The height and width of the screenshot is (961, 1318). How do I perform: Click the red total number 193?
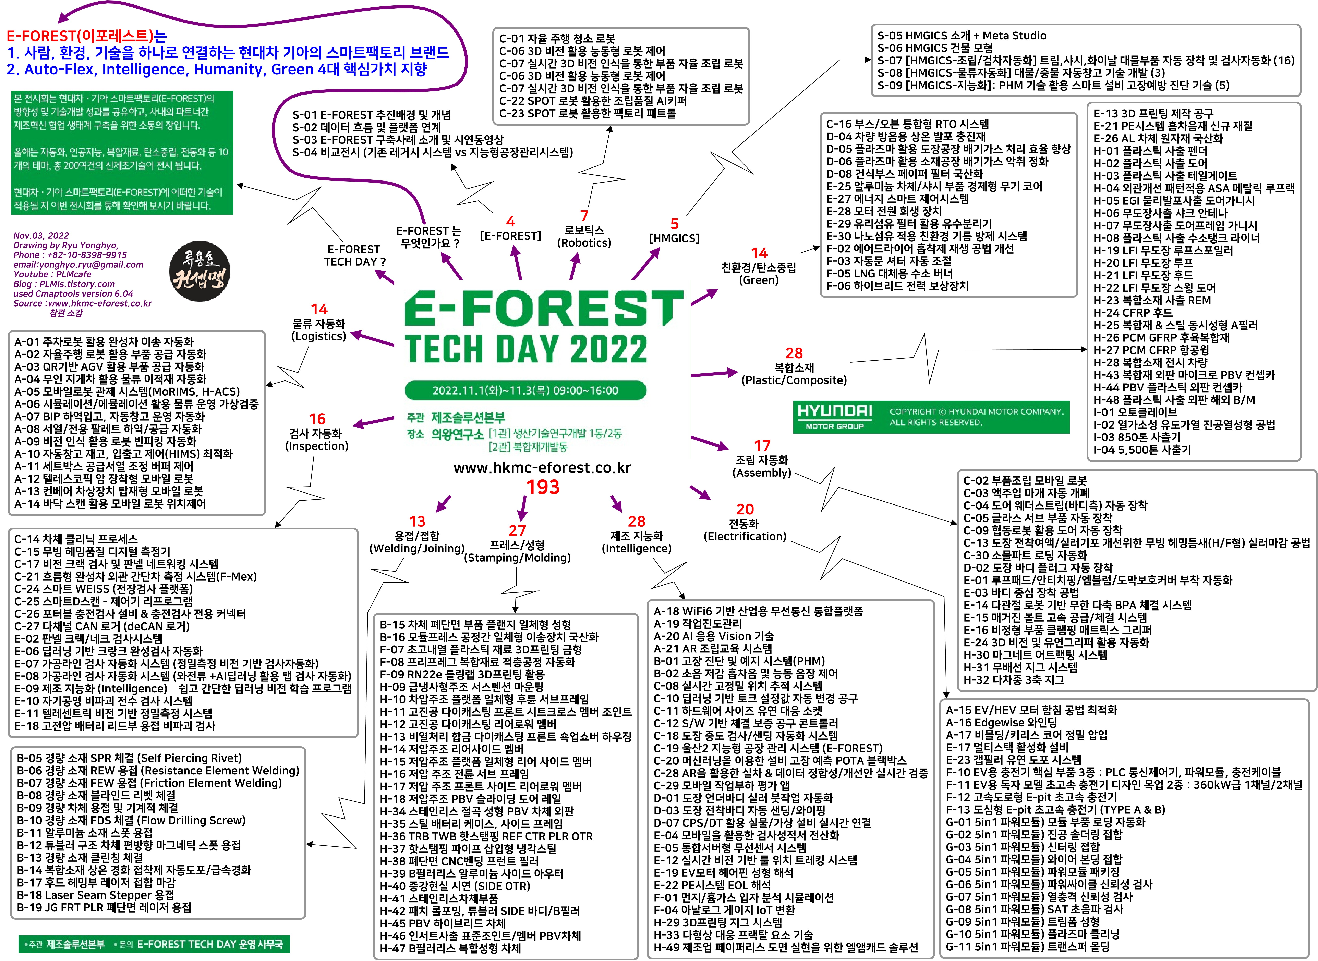coord(542,487)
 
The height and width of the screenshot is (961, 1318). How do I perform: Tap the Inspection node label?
coord(317,440)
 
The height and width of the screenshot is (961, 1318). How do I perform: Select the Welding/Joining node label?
coord(417,542)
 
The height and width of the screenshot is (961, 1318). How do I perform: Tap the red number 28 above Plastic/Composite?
coord(794,353)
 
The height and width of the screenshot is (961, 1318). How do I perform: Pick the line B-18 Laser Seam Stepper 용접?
coord(95,895)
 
